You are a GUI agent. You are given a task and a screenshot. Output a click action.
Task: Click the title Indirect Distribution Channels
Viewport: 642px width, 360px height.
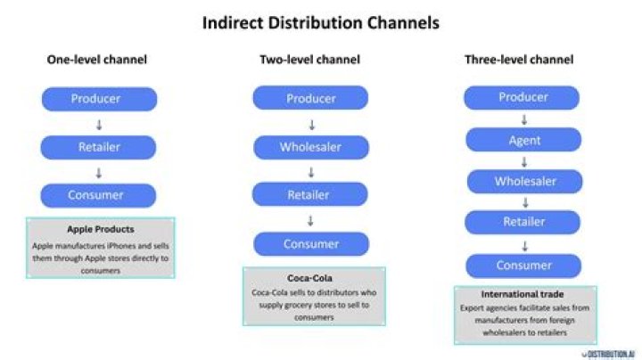(x=320, y=23)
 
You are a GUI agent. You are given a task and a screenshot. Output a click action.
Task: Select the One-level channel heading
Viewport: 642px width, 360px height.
(x=97, y=60)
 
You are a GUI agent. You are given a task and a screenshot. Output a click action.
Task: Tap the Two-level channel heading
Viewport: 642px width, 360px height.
(x=309, y=60)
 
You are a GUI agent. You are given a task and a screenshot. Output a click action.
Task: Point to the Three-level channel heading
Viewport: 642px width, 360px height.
(x=519, y=60)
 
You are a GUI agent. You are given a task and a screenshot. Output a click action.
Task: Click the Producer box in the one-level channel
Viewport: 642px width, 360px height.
(x=99, y=98)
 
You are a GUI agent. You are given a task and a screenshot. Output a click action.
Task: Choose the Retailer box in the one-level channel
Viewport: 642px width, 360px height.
(x=99, y=146)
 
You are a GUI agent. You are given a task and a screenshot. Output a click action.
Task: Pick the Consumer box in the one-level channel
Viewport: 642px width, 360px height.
(x=99, y=194)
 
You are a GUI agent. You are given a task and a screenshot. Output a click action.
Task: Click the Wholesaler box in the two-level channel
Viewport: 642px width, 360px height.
(x=310, y=146)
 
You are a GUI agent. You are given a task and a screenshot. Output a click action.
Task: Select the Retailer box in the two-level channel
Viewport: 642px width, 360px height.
(x=310, y=194)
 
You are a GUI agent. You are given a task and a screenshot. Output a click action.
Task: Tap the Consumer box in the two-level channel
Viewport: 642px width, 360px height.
(x=310, y=243)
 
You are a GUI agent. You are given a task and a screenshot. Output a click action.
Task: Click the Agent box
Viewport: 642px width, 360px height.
(x=524, y=140)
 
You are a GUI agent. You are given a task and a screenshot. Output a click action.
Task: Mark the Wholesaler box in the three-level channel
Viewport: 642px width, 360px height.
(x=524, y=182)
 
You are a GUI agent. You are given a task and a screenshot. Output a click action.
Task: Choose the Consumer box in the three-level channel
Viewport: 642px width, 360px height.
(x=524, y=266)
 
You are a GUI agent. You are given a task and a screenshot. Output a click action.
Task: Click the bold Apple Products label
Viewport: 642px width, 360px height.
(x=100, y=229)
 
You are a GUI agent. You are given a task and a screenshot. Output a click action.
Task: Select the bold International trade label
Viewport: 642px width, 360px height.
(x=524, y=292)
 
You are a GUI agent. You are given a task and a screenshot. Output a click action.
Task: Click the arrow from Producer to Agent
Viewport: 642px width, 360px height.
(x=524, y=119)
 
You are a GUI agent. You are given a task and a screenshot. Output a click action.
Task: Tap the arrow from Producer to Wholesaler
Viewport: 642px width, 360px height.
(x=310, y=123)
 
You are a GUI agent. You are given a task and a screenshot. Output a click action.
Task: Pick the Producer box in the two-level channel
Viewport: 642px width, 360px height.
(x=310, y=98)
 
